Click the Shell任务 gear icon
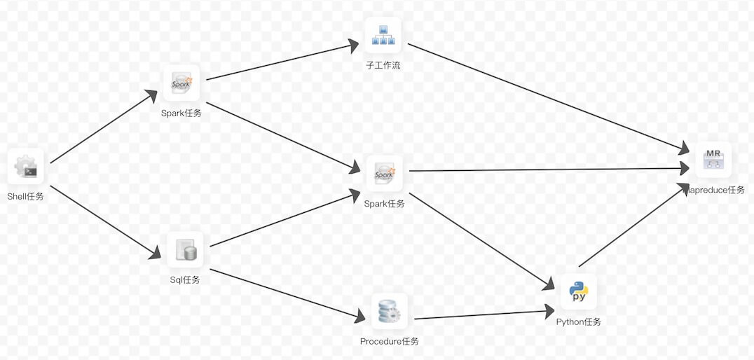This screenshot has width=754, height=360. tap(25, 167)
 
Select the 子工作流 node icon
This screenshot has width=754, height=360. tap(383, 35)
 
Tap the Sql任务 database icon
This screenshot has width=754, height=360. tap(185, 250)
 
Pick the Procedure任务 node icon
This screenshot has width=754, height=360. tap(389, 311)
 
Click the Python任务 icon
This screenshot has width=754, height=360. tap(578, 291)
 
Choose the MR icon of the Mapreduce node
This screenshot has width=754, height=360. tap(713, 160)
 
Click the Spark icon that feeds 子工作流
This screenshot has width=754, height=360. tap(181, 83)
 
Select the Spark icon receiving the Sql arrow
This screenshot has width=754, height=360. tap(385, 173)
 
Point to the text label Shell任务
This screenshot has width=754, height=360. tap(25, 197)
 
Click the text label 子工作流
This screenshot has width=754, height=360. tap(383, 66)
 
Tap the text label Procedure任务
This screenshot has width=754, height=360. tap(389, 342)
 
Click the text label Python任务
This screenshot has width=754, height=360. tap(578, 322)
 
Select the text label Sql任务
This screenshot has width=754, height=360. tap(185, 280)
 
